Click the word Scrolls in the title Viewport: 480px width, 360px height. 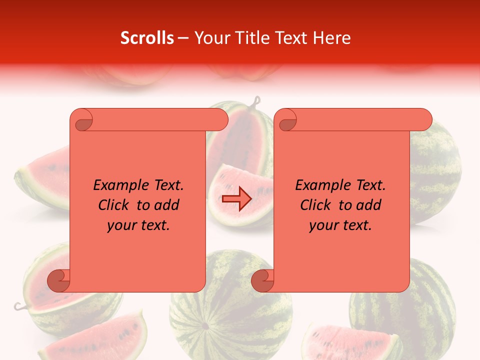(147, 38)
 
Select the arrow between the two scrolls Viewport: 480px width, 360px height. (236, 199)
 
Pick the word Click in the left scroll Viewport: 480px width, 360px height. (115, 205)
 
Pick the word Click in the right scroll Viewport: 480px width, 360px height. (317, 205)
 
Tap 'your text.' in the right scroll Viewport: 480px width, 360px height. (340, 225)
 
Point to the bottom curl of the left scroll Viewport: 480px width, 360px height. (58, 280)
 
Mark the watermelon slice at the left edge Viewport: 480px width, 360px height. (42, 177)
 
